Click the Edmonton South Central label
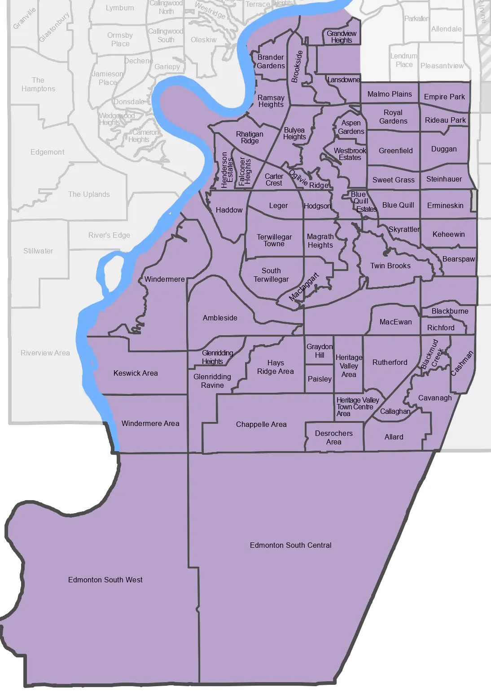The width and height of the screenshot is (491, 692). pyautogui.click(x=290, y=545)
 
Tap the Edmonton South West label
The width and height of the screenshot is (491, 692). pyautogui.click(x=105, y=580)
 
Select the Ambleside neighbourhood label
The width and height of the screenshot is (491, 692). pyautogui.click(x=220, y=318)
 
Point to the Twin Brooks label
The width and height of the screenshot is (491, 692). pyautogui.click(x=390, y=266)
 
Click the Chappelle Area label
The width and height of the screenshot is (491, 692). pyautogui.click(x=261, y=424)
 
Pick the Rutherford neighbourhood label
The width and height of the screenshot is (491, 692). pyautogui.click(x=390, y=362)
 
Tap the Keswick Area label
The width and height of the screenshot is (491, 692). pyautogui.click(x=136, y=373)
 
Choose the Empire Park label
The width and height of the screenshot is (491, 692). pyautogui.click(x=444, y=97)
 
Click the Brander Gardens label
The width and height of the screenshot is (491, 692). pyautogui.click(x=271, y=62)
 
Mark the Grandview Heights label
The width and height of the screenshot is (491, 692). pyautogui.click(x=342, y=37)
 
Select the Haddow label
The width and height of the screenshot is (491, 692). pyautogui.click(x=229, y=210)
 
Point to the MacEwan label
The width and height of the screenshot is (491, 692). pyautogui.click(x=395, y=322)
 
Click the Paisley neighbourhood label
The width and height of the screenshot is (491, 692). pyautogui.click(x=320, y=379)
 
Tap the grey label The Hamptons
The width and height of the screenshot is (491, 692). pyautogui.click(x=38, y=84)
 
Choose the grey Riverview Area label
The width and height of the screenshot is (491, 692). pyautogui.click(x=45, y=353)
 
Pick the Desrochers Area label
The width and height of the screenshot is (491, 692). pyautogui.click(x=333, y=438)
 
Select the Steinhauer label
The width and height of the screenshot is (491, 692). pyautogui.click(x=444, y=179)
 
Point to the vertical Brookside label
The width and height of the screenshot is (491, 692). pyautogui.click(x=297, y=67)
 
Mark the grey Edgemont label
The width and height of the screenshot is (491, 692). pyautogui.click(x=47, y=152)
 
